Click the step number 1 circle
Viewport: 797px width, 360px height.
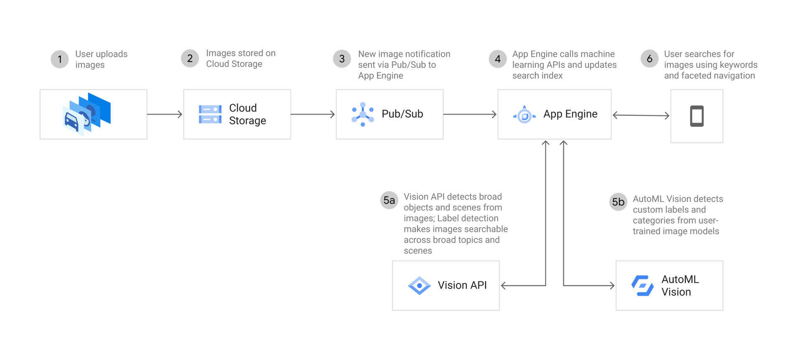coord(60,59)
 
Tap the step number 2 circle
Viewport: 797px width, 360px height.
coord(190,59)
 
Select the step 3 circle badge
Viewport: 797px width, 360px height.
coord(342,59)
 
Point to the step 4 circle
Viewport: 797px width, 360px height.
coord(497,59)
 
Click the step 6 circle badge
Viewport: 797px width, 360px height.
coord(649,59)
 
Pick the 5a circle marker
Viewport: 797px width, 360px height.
coord(389,200)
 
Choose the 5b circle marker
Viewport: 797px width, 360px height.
coord(618,202)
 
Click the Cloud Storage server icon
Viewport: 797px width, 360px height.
coord(210,115)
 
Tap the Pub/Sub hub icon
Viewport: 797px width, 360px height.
coord(363,114)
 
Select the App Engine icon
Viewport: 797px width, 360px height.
coord(524,115)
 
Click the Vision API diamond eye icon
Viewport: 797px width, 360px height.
coord(419,286)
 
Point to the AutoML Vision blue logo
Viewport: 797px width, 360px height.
coord(642,286)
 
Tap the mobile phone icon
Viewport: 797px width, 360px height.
coord(697,116)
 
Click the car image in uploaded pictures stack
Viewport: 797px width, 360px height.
coord(72,121)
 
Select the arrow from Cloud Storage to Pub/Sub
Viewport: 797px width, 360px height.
coord(313,114)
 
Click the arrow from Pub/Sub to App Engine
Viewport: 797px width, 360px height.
coord(470,114)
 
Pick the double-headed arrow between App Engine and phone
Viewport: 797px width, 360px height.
coord(641,115)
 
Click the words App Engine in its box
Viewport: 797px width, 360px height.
coord(570,114)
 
